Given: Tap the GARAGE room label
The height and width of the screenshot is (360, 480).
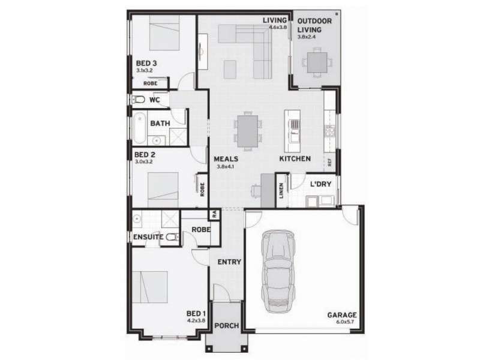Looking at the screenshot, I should (x=342, y=315).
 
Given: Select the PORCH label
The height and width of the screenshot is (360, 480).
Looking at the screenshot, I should (x=226, y=326).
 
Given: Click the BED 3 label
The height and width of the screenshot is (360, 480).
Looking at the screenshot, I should (x=146, y=62).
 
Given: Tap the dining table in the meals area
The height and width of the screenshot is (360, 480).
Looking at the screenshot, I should (x=248, y=130).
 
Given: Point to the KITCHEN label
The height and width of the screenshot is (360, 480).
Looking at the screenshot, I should (x=294, y=159).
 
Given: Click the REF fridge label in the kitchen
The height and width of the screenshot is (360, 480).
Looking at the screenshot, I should (x=329, y=161).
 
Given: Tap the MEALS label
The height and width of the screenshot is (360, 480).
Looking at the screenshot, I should (x=226, y=159).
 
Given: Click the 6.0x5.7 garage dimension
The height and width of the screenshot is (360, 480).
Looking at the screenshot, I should (x=346, y=322).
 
